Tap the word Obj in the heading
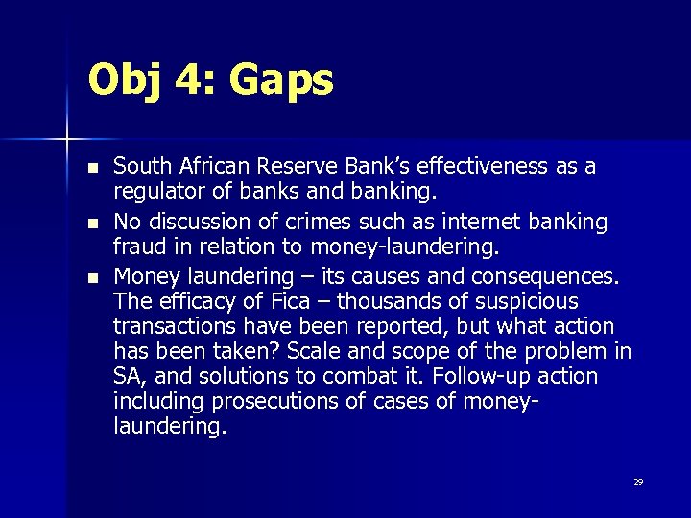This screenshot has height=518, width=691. pyautogui.click(x=127, y=81)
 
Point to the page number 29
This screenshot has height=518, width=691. pyautogui.click(x=638, y=482)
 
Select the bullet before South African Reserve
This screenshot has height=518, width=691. pyautogui.click(x=92, y=168)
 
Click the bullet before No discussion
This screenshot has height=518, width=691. pyautogui.click(x=92, y=224)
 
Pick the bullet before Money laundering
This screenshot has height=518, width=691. pyautogui.click(x=92, y=279)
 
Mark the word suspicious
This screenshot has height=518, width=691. pyautogui.click(x=531, y=302)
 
